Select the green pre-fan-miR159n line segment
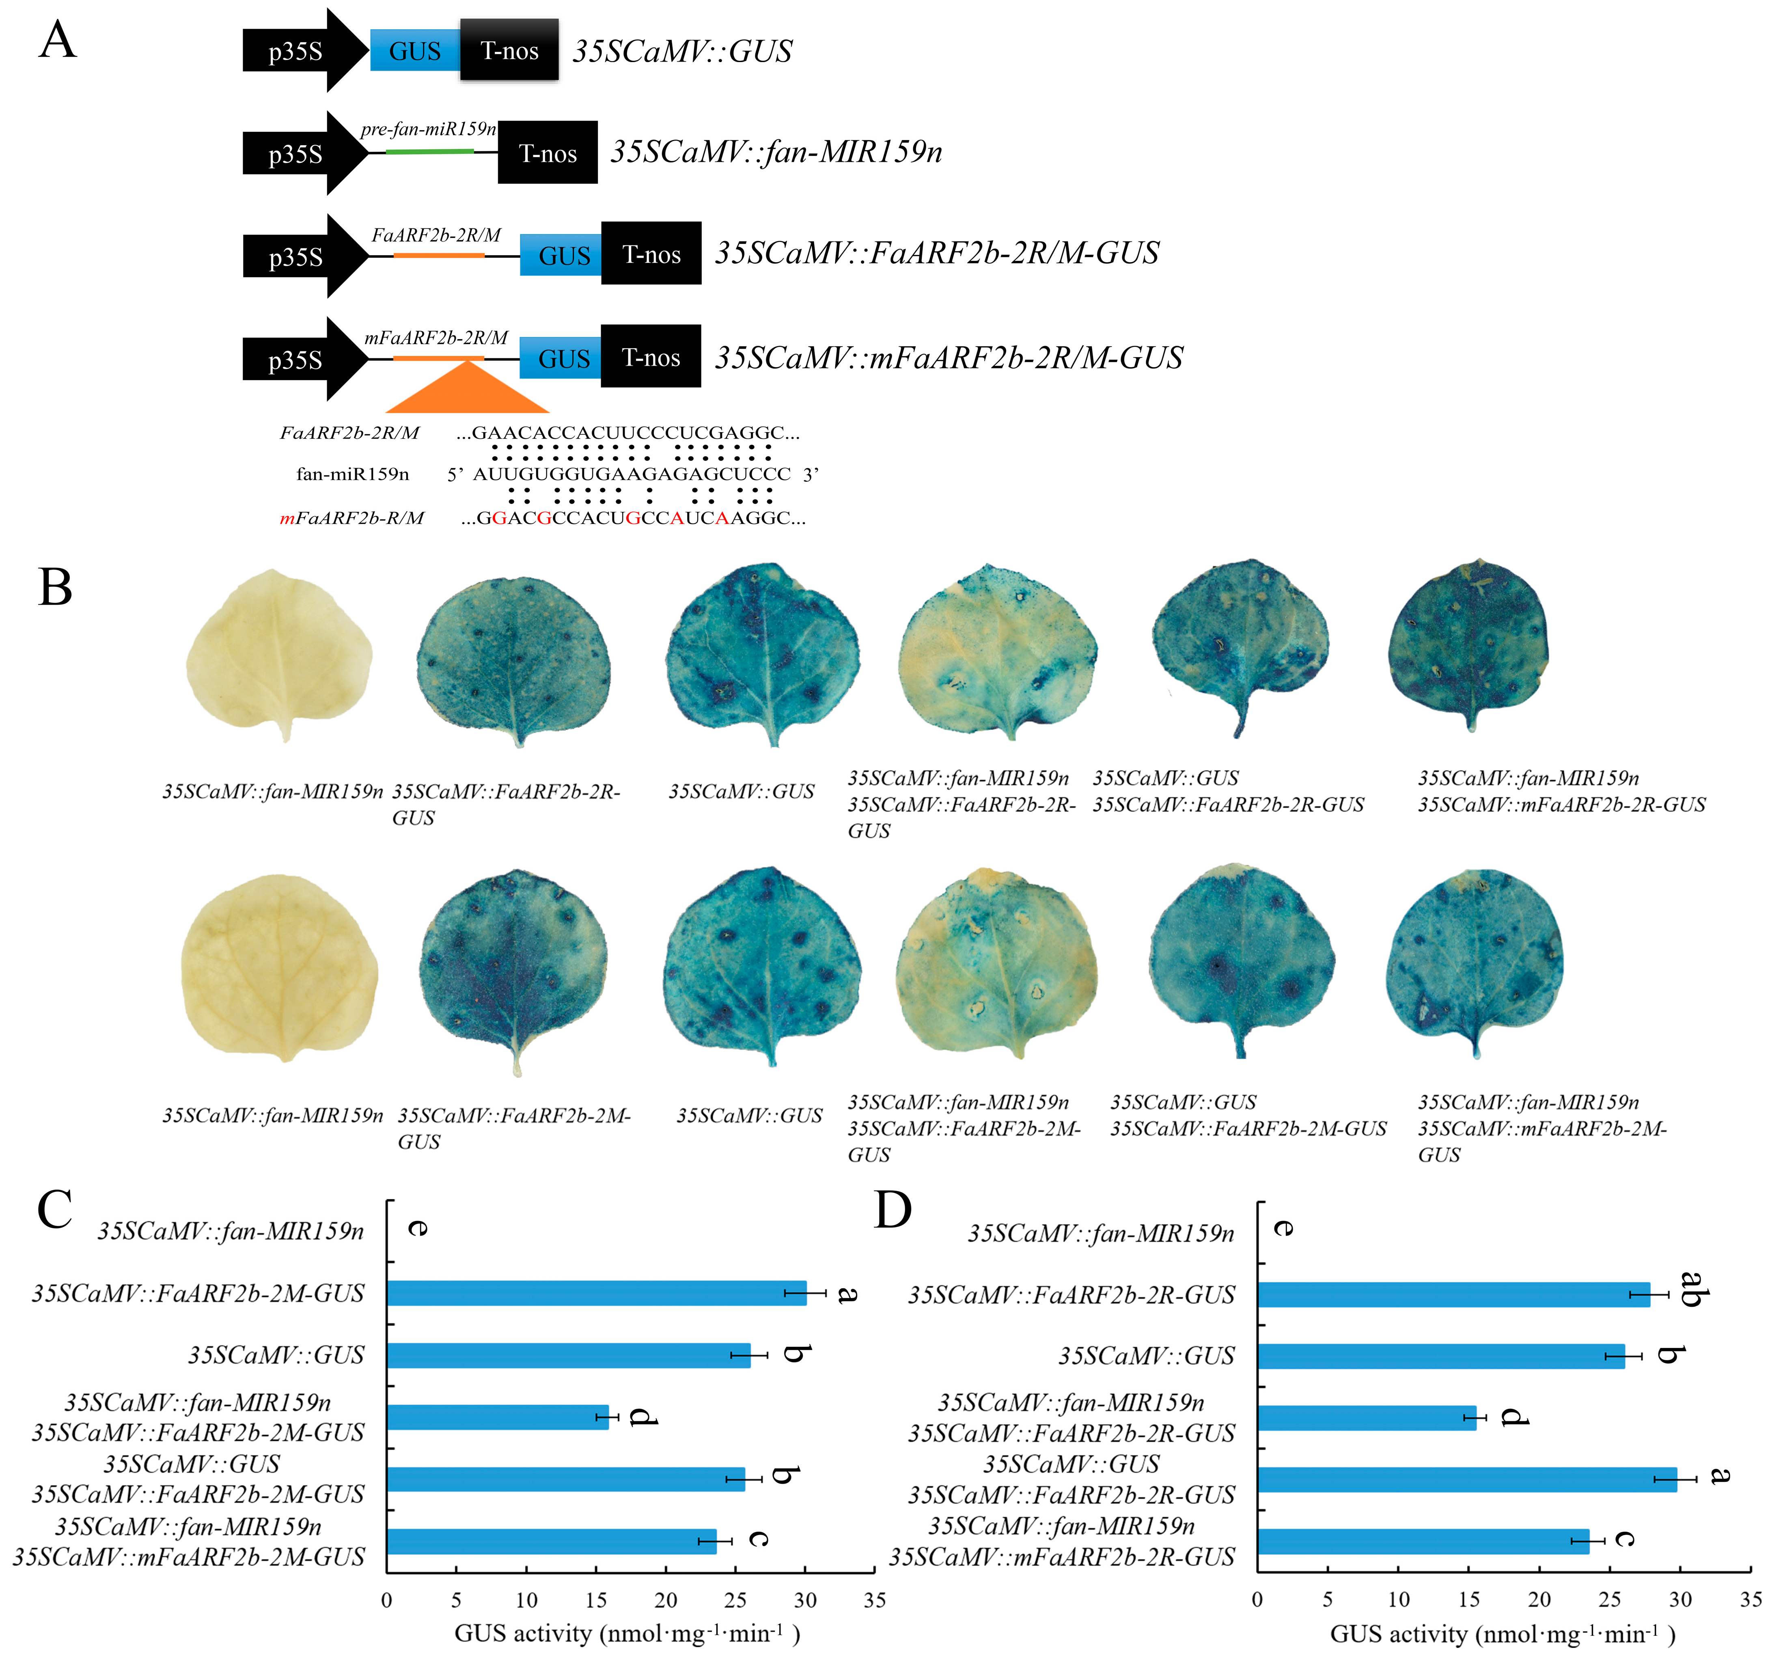429,152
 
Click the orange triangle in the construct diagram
467,387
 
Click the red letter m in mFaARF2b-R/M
287,518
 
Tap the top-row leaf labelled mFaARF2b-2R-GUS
1468,644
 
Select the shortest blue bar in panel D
1367,1418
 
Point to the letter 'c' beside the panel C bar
758,1539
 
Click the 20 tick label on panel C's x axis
666,1600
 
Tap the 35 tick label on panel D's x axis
1751,1600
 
